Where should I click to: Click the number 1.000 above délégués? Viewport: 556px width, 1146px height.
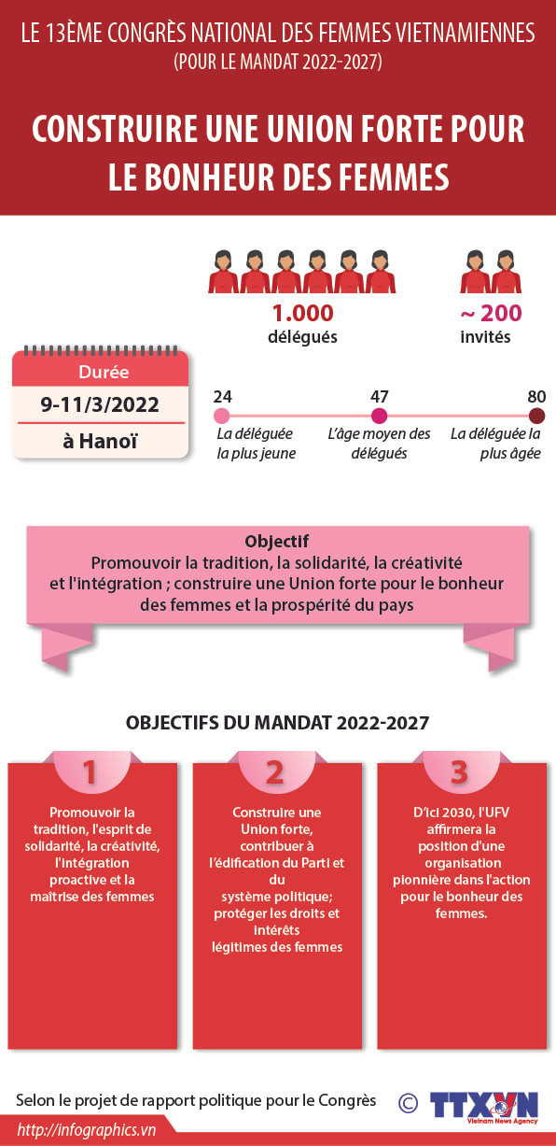(302, 314)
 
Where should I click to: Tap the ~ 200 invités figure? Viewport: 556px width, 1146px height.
(491, 314)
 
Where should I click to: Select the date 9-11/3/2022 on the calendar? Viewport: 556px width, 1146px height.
(100, 404)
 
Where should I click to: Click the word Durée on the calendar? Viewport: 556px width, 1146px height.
(100, 372)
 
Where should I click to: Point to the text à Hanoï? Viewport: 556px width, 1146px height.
(100, 440)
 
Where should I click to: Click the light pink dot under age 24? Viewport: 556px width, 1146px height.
(221, 417)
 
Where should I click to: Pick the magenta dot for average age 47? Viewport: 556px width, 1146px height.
(379, 417)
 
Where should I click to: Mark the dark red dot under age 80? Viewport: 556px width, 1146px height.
(536, 417)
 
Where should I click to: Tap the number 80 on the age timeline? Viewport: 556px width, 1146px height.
(536, 396)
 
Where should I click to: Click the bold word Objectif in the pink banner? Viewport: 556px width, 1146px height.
(276, 542)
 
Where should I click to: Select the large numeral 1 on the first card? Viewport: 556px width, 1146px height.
(90, 772)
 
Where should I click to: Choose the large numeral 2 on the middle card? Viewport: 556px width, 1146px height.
(274, 772)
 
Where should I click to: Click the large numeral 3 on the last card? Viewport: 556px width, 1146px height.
(459, 771)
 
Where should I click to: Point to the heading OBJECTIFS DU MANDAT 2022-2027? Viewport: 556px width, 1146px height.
(277, 723)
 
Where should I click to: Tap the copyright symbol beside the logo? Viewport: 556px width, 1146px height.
(408, 1103)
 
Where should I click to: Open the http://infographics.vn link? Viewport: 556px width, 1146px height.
(86, 1130)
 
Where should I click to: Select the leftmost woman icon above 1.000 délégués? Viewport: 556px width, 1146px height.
(224, 271)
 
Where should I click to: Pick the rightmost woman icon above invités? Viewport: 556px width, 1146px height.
(507, 271)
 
